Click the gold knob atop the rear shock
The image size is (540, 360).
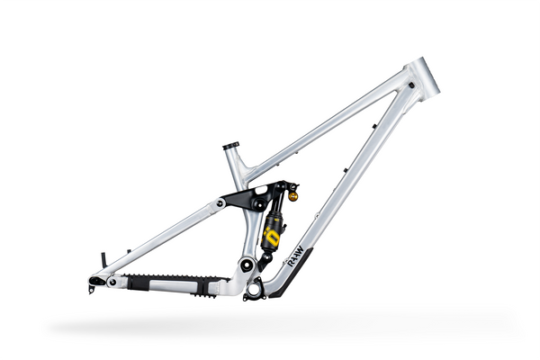(x=292, y=194)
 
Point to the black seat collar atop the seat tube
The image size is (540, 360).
(x=231, y=146)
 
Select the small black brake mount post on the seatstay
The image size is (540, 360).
(x=105, y=260)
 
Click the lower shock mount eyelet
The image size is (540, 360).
(x=265, y=258)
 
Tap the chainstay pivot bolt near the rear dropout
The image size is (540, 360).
(x=112, y=282)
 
